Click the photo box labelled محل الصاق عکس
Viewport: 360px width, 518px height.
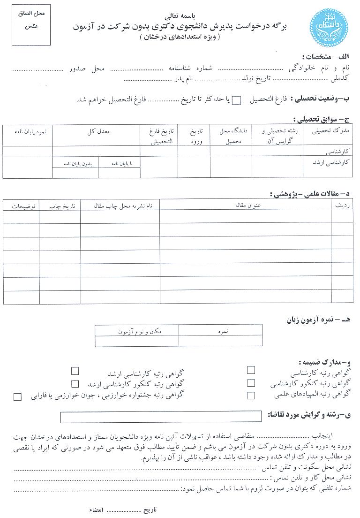(31, 26)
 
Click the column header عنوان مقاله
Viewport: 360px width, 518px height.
(246, 205)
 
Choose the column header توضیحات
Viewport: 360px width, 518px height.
(21, 206)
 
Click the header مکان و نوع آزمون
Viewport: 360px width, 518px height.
(137, 331)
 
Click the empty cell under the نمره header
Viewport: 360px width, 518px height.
(220, 341)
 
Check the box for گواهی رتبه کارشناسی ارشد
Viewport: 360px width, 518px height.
(75, 371)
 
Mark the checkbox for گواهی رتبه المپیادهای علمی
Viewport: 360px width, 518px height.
(251, 395)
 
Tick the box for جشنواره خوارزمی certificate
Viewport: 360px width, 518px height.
(18, 397)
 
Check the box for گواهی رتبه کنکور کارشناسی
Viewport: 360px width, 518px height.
(251, 383)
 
